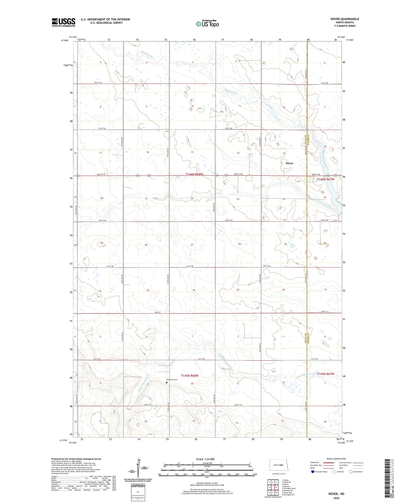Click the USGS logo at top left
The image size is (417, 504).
click(x=63, y=22)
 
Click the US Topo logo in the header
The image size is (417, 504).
click(x=207, y=24)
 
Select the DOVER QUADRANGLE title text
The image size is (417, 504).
click(x=344, y=19)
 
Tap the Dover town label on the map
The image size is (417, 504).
click(x=289, y=163)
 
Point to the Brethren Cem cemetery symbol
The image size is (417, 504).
click(x=167, y=383)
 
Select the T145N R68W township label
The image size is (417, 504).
click(x=190, y=376)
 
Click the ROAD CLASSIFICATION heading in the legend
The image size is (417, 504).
click(x=336, y=459)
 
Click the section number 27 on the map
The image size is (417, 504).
click(x=192, y=245)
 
